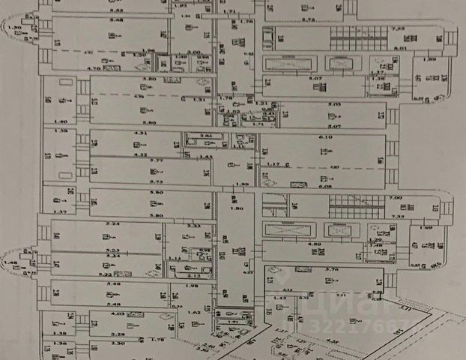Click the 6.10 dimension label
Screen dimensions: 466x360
coord(324,138)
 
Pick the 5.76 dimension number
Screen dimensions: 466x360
coord(313,269)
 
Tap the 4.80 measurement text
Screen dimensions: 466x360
coord(315,244)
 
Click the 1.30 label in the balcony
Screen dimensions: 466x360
coord(13,26)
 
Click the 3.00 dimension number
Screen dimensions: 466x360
coord(193,52)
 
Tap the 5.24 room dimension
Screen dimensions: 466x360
coord(114,224)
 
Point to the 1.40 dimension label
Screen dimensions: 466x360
coord(60,121)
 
